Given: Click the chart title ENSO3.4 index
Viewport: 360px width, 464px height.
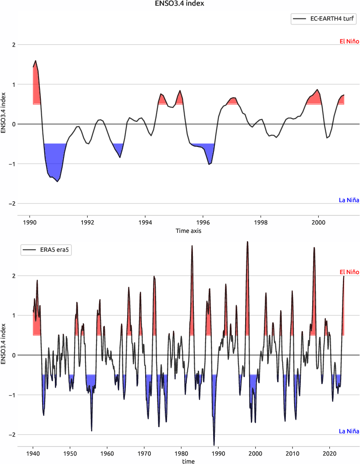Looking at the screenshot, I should pyautogui.click(x=180, y=4).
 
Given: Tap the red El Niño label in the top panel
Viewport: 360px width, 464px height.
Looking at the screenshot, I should pyautogui.click(x=349, y=42).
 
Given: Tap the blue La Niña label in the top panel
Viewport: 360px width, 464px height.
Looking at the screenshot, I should pyautogui.click(x=349, y=200).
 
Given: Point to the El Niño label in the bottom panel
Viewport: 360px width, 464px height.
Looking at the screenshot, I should pyautogui.click(x=349, y=272).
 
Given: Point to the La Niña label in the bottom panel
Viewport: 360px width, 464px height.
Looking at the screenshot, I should pyautogui.click(x=349, y=431).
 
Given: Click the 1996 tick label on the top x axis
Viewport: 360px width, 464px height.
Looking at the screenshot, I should pyautogui.click(x=203, y=222).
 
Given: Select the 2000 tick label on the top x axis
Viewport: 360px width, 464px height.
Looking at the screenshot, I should pyautogui.click(x=318, y=222).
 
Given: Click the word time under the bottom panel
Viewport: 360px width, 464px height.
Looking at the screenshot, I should pyautogui.click(x=189, y=461).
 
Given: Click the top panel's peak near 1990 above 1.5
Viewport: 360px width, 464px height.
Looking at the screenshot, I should pyautogui.click(x=36, y=61).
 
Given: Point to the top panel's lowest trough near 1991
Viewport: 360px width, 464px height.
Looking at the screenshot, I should pyautogui.click(x=57, y=181).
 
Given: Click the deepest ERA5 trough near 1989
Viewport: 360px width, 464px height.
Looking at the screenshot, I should pyautogui.click(x=214, y=445).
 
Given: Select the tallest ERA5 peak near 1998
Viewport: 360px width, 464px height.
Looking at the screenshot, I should pyautogui.click(x=247, y=242).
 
